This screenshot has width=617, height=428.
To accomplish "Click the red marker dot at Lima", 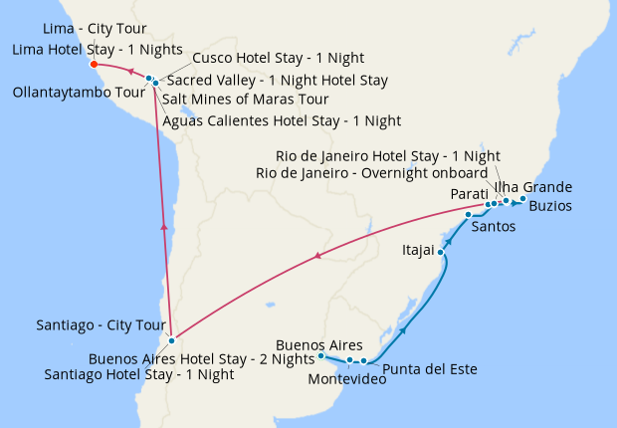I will (x=93, y=65).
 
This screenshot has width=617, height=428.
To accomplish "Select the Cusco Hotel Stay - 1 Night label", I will (x=278, y=59).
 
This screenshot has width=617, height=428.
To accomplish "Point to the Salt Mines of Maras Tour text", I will (x=245, y=100).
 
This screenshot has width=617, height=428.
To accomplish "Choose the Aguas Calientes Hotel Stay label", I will (x=282, y=120).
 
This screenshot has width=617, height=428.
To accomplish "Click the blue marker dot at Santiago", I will (x=172, y=340).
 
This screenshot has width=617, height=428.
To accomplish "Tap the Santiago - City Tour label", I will (x=98, y=324).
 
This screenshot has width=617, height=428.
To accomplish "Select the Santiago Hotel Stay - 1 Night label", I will (x=139, y=375).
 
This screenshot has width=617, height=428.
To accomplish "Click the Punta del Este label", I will (x=430, y=369).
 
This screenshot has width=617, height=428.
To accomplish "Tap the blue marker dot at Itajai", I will (x=441, y=253).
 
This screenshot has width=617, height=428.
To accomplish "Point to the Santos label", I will (x=494, y=227).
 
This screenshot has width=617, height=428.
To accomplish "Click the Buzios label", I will (x=550, y=206).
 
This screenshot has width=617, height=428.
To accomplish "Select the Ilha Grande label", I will (x=533, y=187).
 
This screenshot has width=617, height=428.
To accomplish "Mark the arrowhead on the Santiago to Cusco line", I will (x=164, y=227).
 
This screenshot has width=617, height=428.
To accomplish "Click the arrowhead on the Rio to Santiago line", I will (x=317, y=257).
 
